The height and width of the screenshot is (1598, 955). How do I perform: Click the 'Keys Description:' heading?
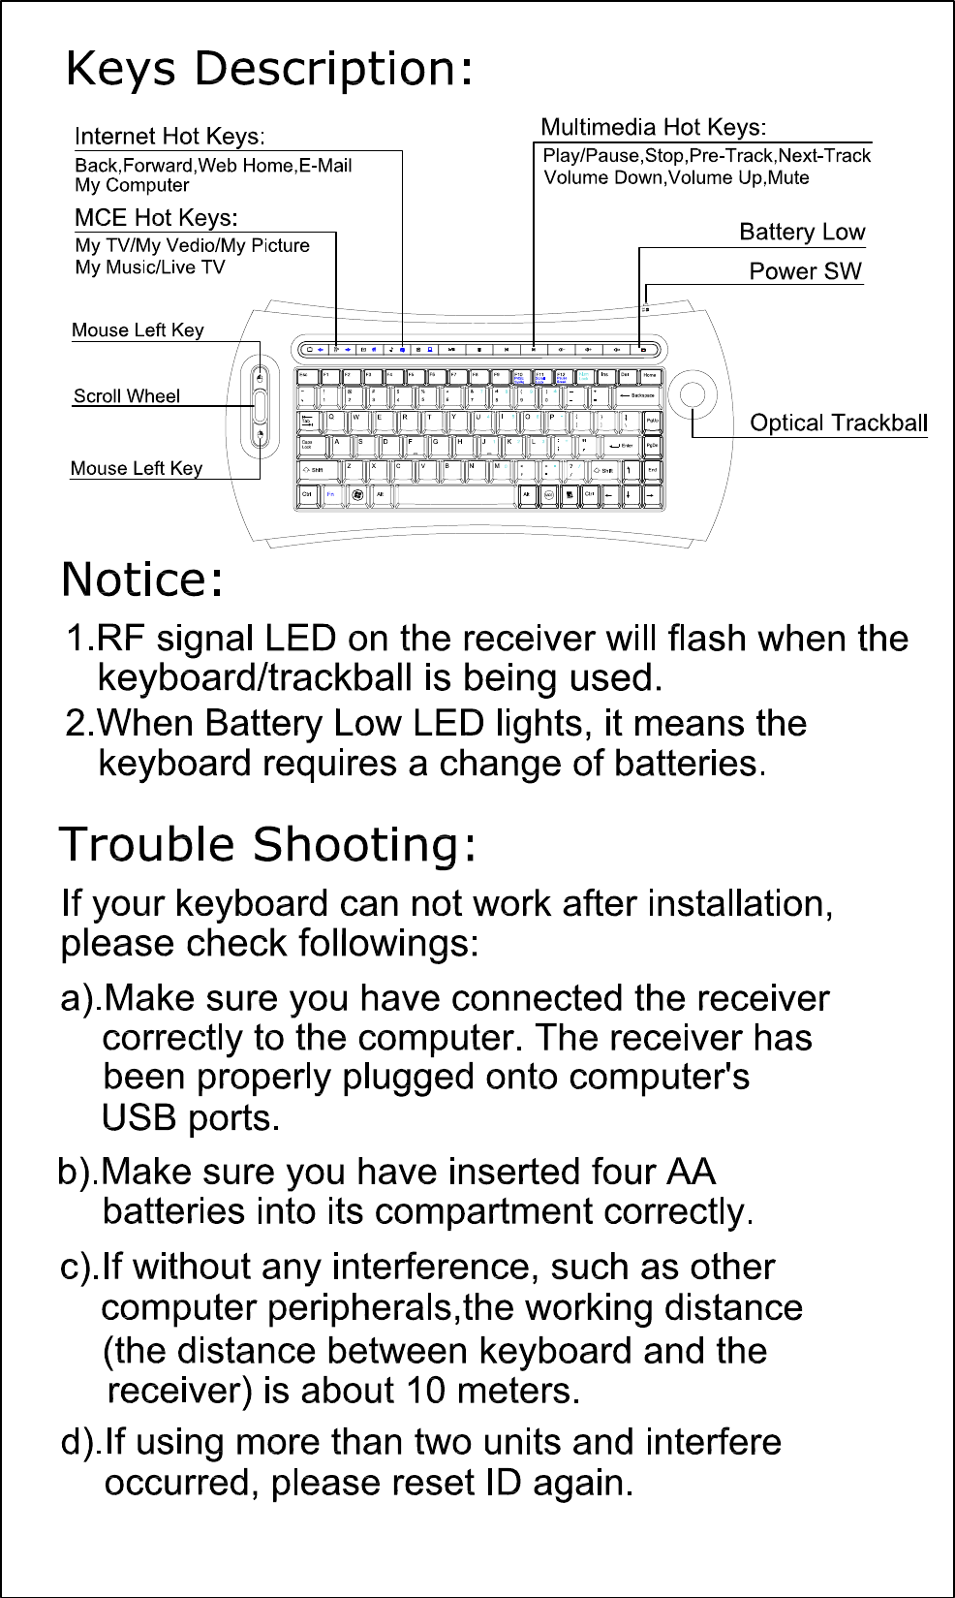point(269,70)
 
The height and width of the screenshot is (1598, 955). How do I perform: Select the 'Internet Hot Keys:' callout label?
point(169,137)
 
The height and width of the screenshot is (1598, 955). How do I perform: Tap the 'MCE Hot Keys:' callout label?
point(156,217)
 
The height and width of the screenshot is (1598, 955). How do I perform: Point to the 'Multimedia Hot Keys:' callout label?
point(653,127)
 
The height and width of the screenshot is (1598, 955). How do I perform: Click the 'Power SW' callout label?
point(805,271)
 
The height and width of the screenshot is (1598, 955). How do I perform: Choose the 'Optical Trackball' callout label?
point(839,423)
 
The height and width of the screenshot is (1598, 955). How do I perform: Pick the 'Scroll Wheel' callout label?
point(127,395)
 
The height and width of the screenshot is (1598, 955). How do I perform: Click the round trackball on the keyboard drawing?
point(693,394)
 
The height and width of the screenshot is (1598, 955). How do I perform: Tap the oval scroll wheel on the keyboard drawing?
point(260,408)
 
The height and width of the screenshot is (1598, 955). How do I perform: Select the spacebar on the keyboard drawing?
point(456,494)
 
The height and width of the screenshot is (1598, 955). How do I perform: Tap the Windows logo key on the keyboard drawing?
point(357,494)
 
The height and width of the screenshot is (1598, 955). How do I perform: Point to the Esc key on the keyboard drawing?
point(303,375)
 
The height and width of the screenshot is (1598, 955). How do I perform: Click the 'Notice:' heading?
point(143,580)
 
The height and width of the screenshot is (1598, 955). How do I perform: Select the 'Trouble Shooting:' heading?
point(268,845)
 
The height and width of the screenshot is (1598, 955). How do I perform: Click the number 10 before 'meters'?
point(426,1392)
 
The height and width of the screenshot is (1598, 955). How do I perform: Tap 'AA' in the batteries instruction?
point(691,1172)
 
